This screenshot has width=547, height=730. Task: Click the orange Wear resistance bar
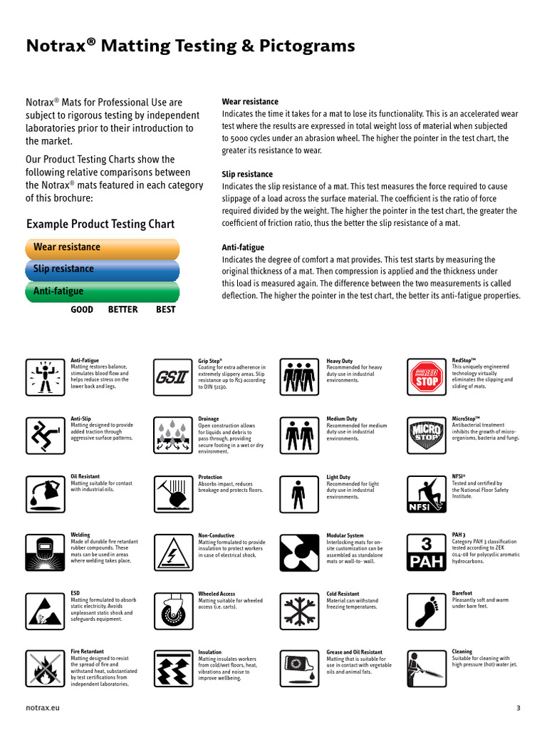102,248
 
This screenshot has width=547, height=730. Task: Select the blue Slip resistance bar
102,269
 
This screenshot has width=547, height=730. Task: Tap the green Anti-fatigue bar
102,292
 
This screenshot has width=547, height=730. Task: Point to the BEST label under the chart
165,310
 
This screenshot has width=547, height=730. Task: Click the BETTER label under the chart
123,310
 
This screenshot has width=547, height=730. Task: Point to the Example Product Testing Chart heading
100,224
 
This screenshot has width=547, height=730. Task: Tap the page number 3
518,708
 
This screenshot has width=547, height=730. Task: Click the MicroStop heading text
466,419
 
